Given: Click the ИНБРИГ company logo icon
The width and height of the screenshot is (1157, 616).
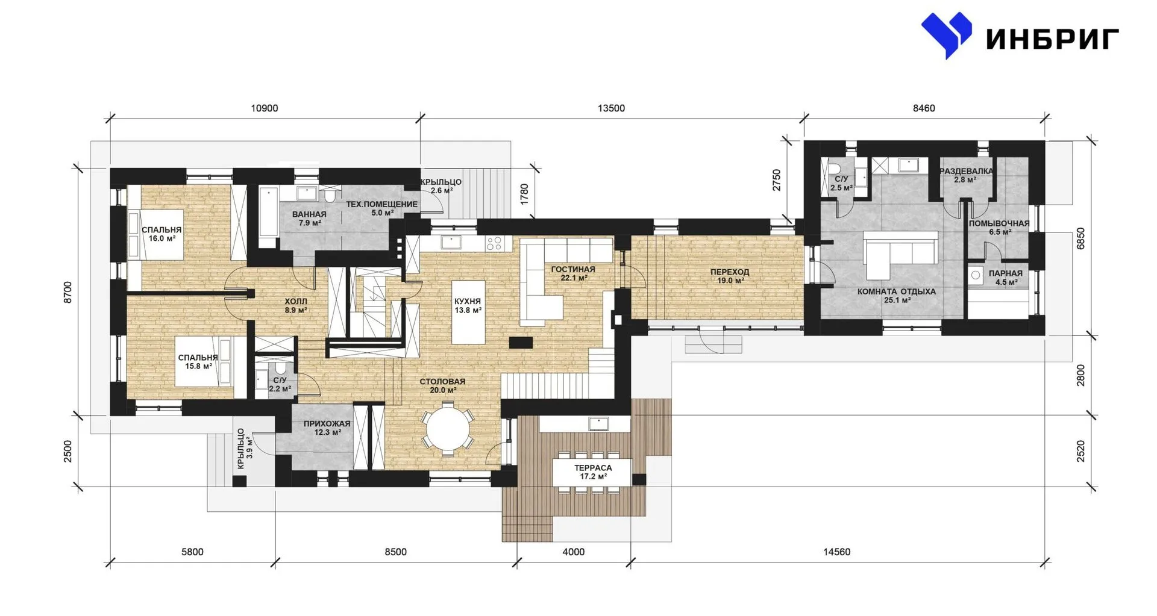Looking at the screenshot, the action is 946,35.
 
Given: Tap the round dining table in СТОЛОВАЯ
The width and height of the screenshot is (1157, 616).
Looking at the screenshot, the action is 448,429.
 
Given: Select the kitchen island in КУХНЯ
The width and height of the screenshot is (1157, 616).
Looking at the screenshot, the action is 468,311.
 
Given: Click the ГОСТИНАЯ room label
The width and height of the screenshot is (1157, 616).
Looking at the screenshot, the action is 572,269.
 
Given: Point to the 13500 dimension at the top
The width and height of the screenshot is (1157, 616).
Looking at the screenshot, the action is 611,108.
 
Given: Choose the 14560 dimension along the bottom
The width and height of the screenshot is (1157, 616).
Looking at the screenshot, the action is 837,552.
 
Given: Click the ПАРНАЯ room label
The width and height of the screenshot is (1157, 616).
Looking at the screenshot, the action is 1005,273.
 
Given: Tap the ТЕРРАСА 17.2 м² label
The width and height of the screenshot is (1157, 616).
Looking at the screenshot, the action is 594,471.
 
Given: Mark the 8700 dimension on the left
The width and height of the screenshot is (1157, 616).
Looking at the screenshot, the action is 67,292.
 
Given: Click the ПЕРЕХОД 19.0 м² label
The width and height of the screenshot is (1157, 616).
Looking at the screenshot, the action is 729,276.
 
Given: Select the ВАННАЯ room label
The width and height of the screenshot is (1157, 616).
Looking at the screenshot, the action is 309,214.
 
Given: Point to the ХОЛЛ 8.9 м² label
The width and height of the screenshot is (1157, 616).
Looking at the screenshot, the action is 296,306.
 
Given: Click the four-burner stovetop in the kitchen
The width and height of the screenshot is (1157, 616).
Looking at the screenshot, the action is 494,243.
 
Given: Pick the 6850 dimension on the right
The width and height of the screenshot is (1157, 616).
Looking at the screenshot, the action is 1080,238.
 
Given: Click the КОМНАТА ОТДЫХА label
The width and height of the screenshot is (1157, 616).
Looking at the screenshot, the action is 897,291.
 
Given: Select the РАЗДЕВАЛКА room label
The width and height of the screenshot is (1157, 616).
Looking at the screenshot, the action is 966,171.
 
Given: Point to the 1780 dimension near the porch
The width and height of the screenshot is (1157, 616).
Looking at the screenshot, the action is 524,194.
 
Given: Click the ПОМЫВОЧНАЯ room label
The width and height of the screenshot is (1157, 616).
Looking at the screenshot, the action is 999,223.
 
